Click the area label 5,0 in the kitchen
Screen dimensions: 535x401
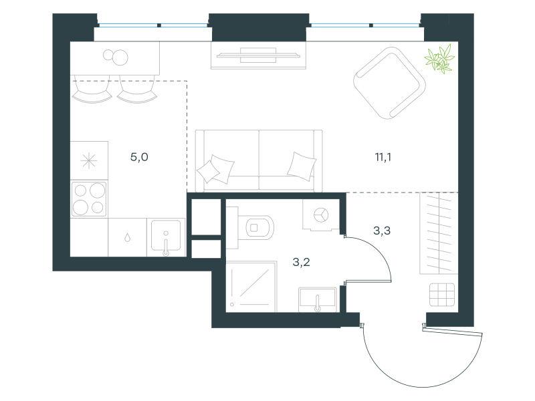coord(139,157)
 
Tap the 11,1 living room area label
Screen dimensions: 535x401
coord(383,157)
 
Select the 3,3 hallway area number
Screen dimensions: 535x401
coord(382,231)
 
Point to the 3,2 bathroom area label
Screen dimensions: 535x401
coord(302,262)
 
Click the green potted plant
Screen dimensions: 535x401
coord(439,59)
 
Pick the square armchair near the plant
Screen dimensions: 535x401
coord(389,83)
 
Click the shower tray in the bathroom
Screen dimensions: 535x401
coord(251,287)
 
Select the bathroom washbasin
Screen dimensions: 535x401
coord(318,299)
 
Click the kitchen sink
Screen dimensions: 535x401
coord(166,237)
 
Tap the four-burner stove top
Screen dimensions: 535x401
coord(89,198)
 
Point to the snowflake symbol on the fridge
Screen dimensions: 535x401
coord(89,160)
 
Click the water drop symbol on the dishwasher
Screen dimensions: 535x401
coord(127,237)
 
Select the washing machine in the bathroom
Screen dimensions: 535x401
coord(321,215)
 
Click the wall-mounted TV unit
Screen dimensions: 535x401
coord(258,55)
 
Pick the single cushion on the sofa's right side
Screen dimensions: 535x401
coord(302,166)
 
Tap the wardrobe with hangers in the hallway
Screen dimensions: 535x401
coord(439,233)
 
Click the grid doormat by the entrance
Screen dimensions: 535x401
coord(442,295)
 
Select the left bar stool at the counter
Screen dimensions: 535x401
coord(92,90)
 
